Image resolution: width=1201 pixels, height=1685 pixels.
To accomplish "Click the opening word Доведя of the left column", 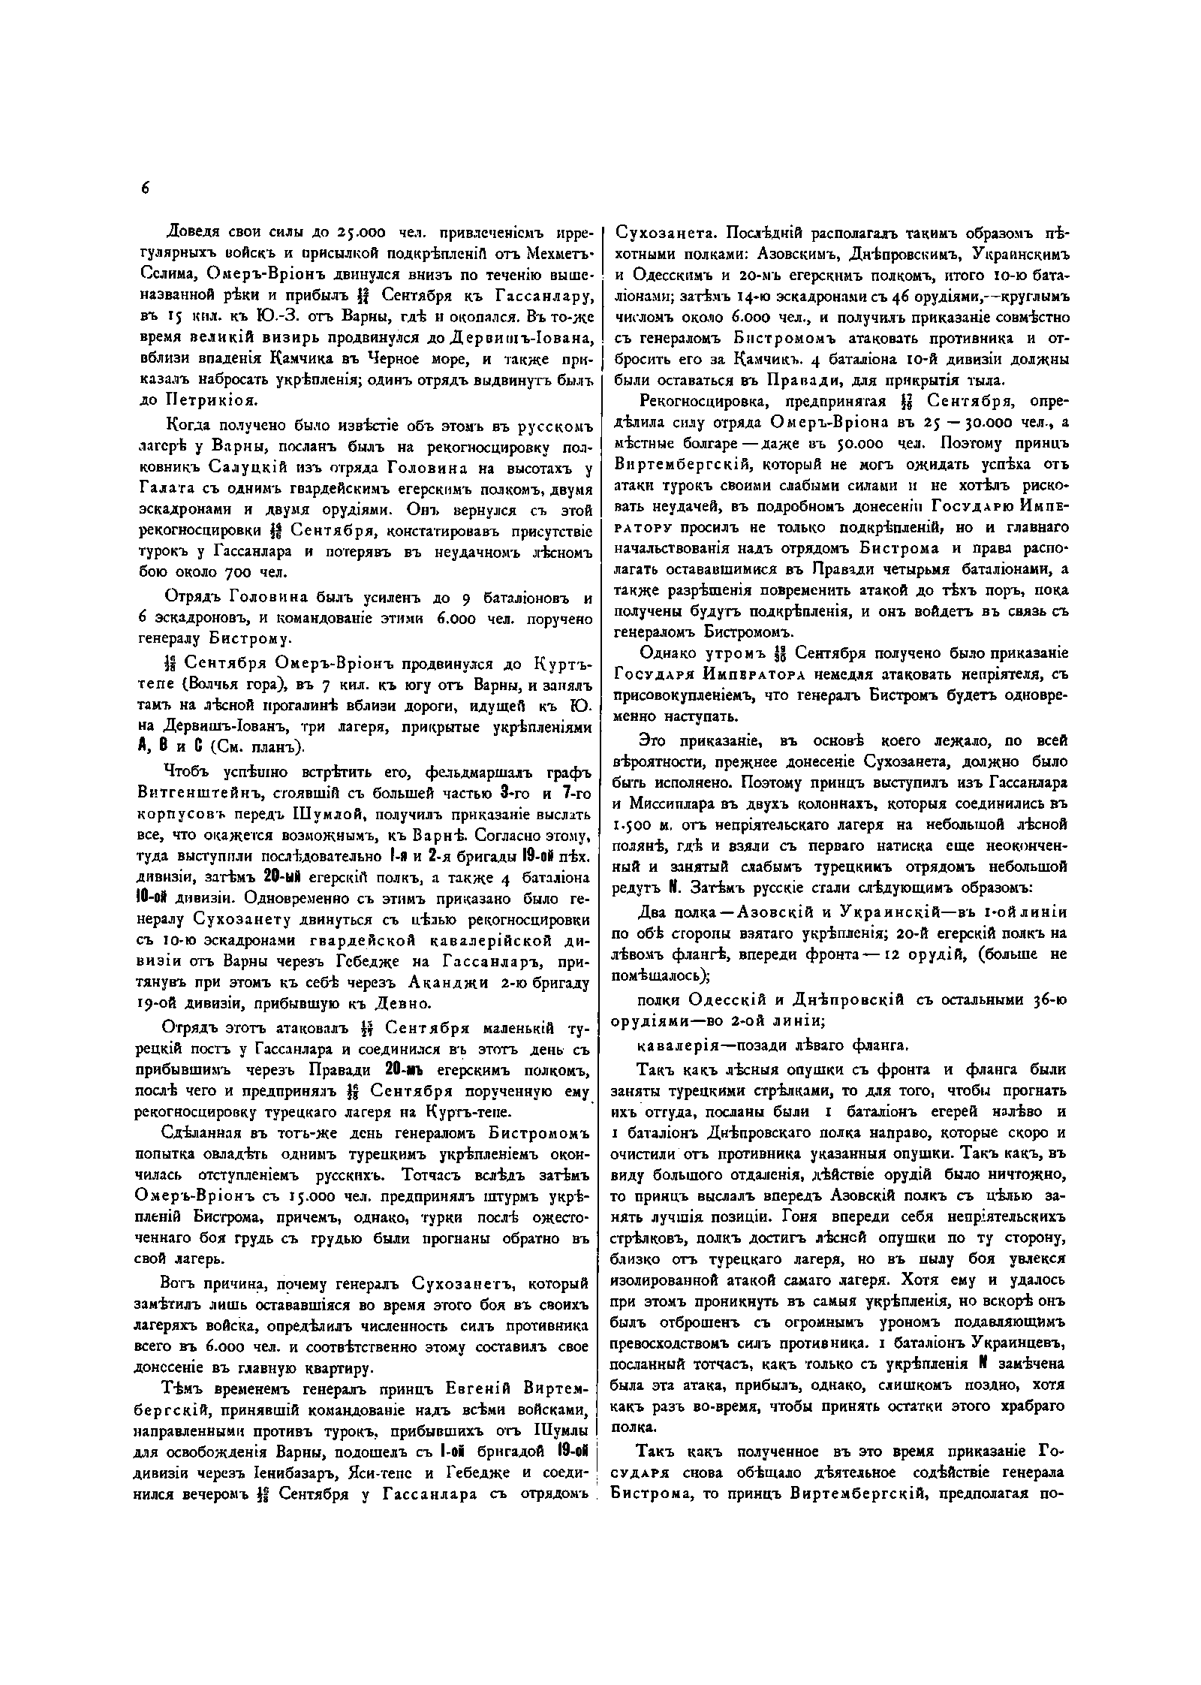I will (190, 231).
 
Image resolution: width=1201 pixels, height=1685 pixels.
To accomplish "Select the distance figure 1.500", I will (631, 825).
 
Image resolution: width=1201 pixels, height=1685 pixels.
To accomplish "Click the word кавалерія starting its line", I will (673, 1044).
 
